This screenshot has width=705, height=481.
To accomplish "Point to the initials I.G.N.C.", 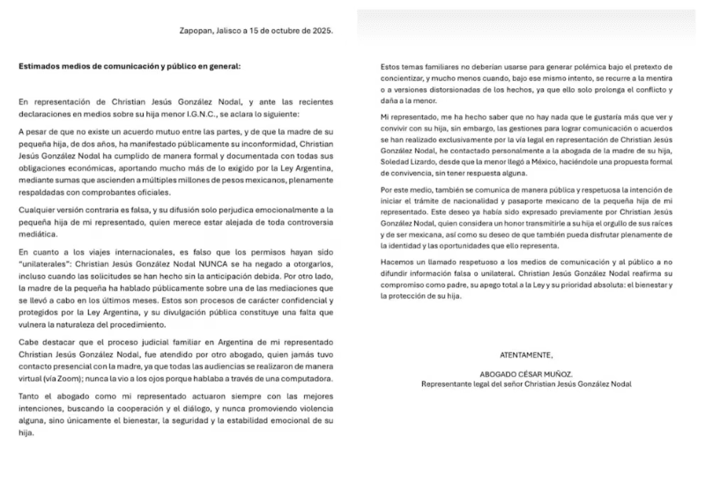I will pos(227,115).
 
